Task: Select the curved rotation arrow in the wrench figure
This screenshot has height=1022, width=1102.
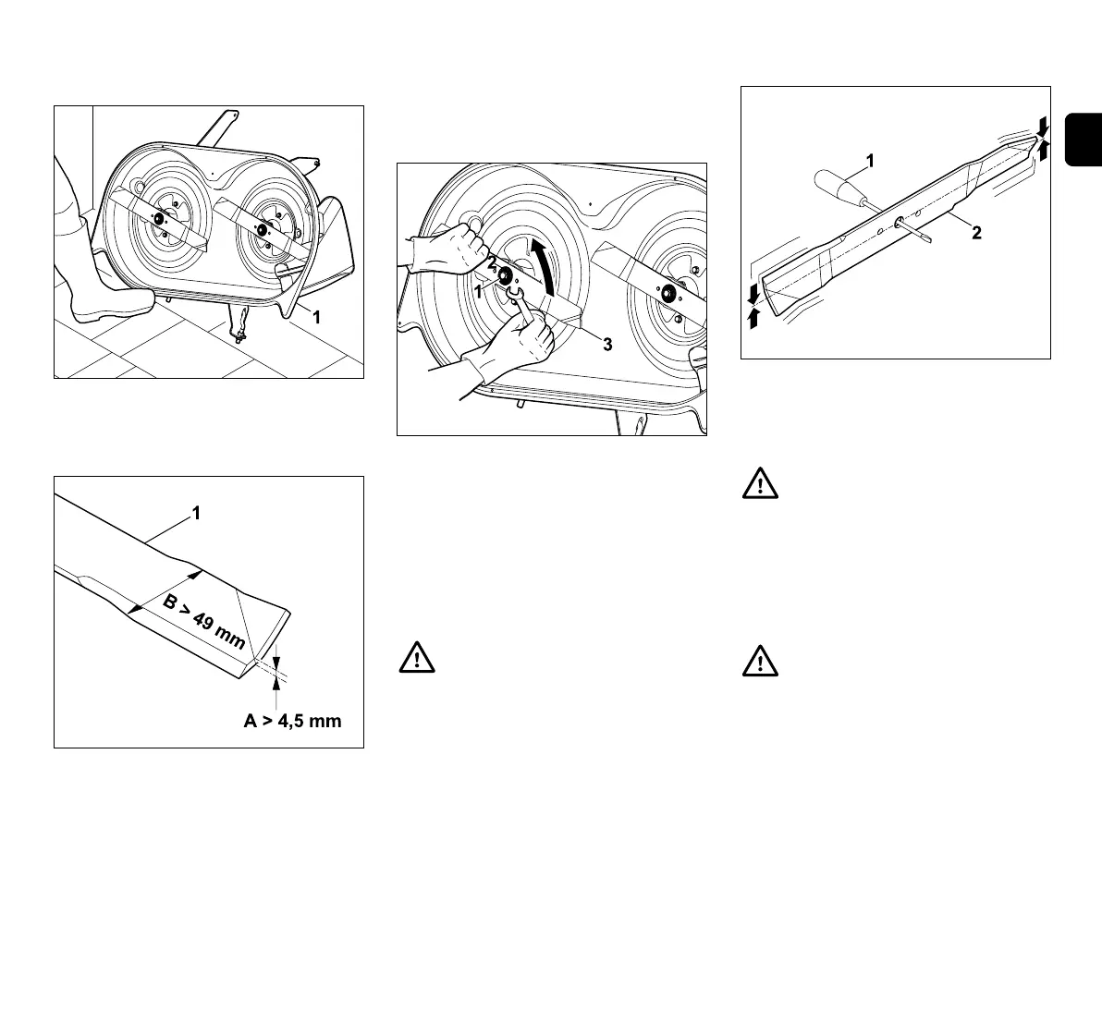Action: coord(545,267)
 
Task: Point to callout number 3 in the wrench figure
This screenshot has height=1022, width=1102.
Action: coord(607,344)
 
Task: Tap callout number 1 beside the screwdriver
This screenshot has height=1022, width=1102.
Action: coord(869,162)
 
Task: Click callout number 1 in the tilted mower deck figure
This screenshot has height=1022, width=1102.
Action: coord(316,316)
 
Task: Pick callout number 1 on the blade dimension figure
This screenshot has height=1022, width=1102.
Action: coord(196,515)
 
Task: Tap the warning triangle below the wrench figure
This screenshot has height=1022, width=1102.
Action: coord(416,657)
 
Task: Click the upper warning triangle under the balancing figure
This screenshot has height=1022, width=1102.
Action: coord(760,486)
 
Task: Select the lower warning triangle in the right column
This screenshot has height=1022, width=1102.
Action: coord(760,662)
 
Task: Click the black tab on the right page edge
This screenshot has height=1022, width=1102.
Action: coord(1084,139)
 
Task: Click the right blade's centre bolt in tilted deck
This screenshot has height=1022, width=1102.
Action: coord(262,230)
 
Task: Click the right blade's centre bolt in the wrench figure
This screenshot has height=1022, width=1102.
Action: coord(664,294)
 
